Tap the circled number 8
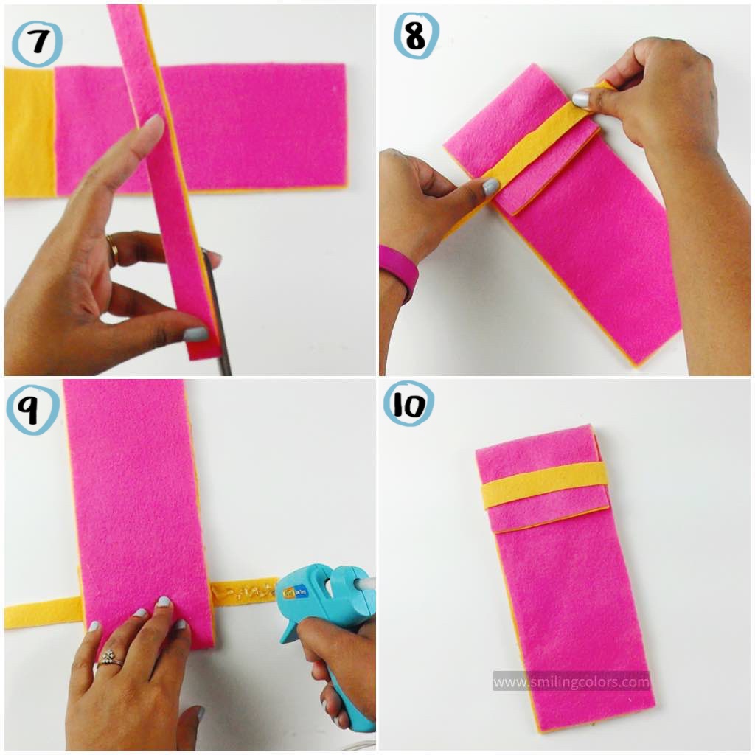[x=416, y=36]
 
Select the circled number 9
[x=32, y=409]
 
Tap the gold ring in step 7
[x=112, y=250]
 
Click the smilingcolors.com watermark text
[x=571, y=682]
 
